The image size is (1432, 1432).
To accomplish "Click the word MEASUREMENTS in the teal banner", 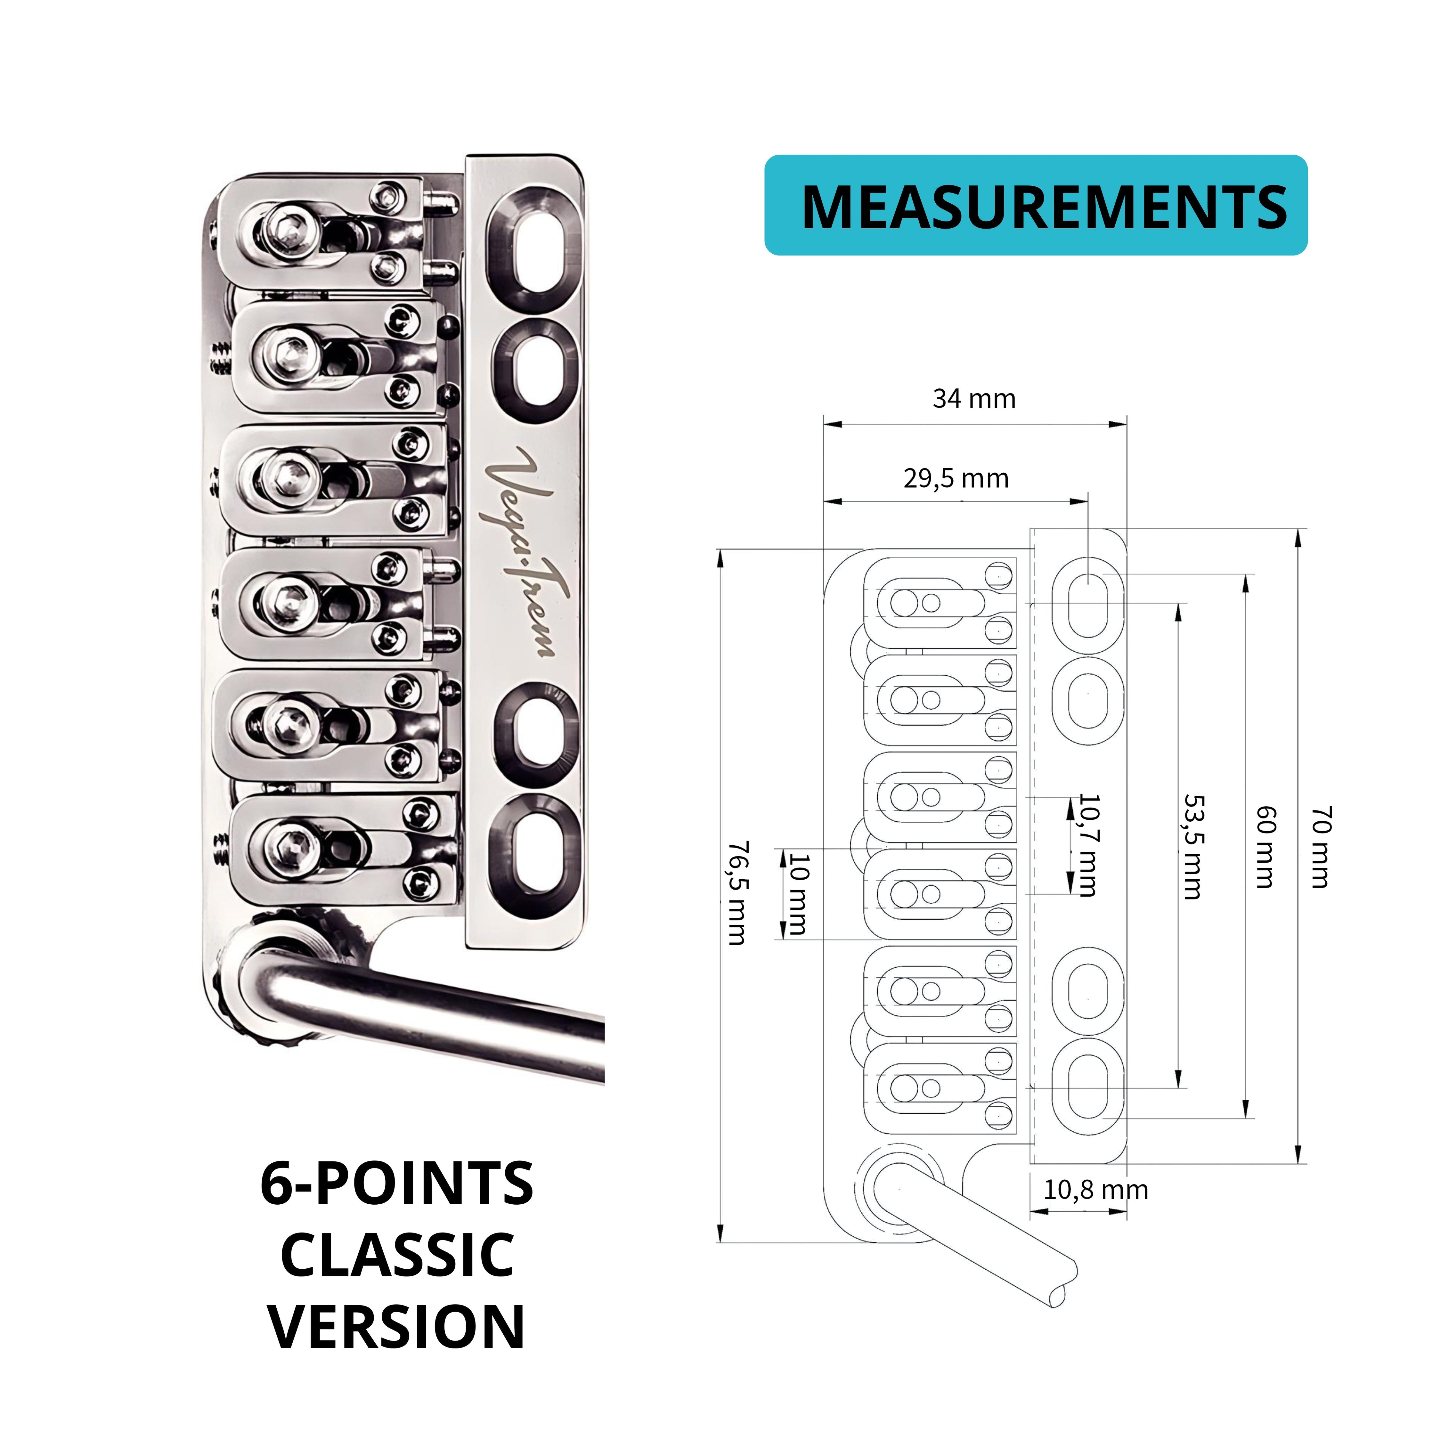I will pyautogui.click(x=1044, y=206).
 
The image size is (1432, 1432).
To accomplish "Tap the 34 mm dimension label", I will pyautogui.click(x=974, y=399).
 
